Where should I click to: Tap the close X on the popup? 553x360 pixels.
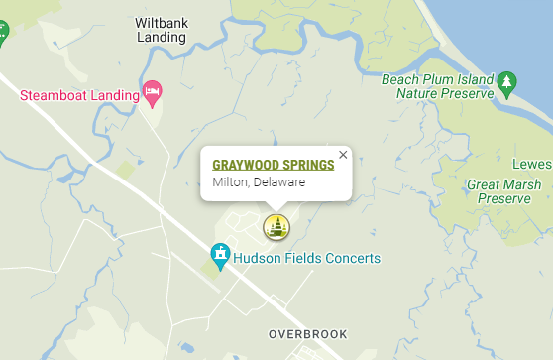[343, 155]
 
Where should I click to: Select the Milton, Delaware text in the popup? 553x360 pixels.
[259, 182]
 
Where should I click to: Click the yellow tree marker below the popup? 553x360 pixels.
[276, 227]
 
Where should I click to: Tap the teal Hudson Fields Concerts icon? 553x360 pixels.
[221, 259]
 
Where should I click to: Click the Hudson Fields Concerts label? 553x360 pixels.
[307, 259]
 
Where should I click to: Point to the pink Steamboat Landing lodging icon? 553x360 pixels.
[153, 93]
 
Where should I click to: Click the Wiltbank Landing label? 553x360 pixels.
[161, 29]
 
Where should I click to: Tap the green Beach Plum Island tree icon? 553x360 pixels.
[507, 79]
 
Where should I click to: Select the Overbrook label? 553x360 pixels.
[308, 334]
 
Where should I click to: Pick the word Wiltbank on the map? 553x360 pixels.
[161, 21]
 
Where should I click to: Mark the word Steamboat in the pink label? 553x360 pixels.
[52, 96]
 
